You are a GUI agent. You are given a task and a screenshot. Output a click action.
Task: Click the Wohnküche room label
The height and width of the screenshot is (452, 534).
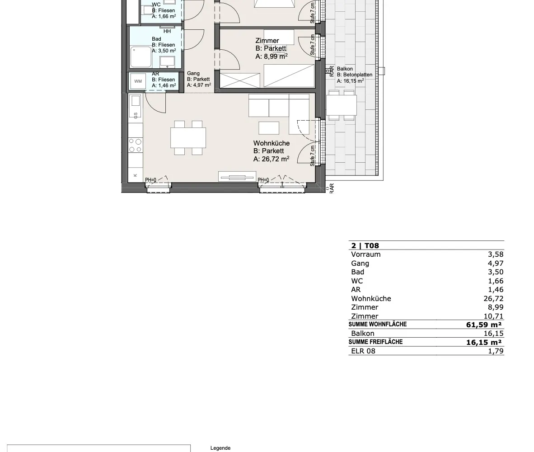pyautogui.click(x=272, y=143)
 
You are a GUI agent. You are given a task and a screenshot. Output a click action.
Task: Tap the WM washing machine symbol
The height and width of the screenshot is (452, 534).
pyautogui.click(x=138, y=81)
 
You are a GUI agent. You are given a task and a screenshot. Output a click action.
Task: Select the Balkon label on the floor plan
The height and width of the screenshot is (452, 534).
pyautogui.click(x=345, y=69)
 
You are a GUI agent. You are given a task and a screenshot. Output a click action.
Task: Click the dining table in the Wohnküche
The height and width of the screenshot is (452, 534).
pyautogui.click(x=188, y=137)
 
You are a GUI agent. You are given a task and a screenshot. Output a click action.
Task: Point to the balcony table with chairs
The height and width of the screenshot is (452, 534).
pyautogui.click(x=341, y=105)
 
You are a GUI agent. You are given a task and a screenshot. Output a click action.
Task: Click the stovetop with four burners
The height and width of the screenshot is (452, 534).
pyautogui.click(x=135, y=146)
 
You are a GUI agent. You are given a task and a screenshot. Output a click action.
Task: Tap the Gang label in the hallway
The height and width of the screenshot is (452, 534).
pyautogui.click(x=193, y=73)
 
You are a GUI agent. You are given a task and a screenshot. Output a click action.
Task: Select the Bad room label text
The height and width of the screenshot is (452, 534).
pyautogui.click(x=156, y=39)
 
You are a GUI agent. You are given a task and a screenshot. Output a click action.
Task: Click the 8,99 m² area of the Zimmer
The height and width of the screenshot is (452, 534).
pyautogui.click(x=276, y=56)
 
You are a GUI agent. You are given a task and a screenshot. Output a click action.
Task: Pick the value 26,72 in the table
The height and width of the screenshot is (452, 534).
pyautogui.click(x=493, y=299)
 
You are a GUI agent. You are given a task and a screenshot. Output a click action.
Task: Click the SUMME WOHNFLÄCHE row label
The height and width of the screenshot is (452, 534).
pyautogui.click(x=377, y=324)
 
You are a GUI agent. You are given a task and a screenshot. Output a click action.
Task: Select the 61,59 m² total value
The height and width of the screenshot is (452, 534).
pyautogui.click(x=483, y=325)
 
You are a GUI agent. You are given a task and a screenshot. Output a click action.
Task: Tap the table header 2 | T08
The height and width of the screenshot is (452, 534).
pyautogui.click(x=365, y=245)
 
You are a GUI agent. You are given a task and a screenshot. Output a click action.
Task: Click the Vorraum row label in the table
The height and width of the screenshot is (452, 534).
pyautogui.click(x=366, y=254)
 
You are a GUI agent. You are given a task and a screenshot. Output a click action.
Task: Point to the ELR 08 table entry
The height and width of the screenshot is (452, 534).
pyautogui.click(x=363, y=351)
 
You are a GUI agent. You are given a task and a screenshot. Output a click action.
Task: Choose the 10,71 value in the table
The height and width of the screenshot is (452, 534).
pyautogui.click(x=493, y=316)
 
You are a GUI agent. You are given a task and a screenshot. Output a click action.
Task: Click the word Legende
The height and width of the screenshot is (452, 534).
pyautogui.click(x=220, y=448)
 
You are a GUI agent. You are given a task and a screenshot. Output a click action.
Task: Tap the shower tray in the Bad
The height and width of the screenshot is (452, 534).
pyautogui.click(x=141, y=57)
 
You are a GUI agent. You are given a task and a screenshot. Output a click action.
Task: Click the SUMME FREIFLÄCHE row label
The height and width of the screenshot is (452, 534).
pyautogui.click(x=375, y=342)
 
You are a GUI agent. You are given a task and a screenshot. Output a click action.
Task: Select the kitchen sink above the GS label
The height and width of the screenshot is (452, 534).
pyautogui.click(x=136, y=101)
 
